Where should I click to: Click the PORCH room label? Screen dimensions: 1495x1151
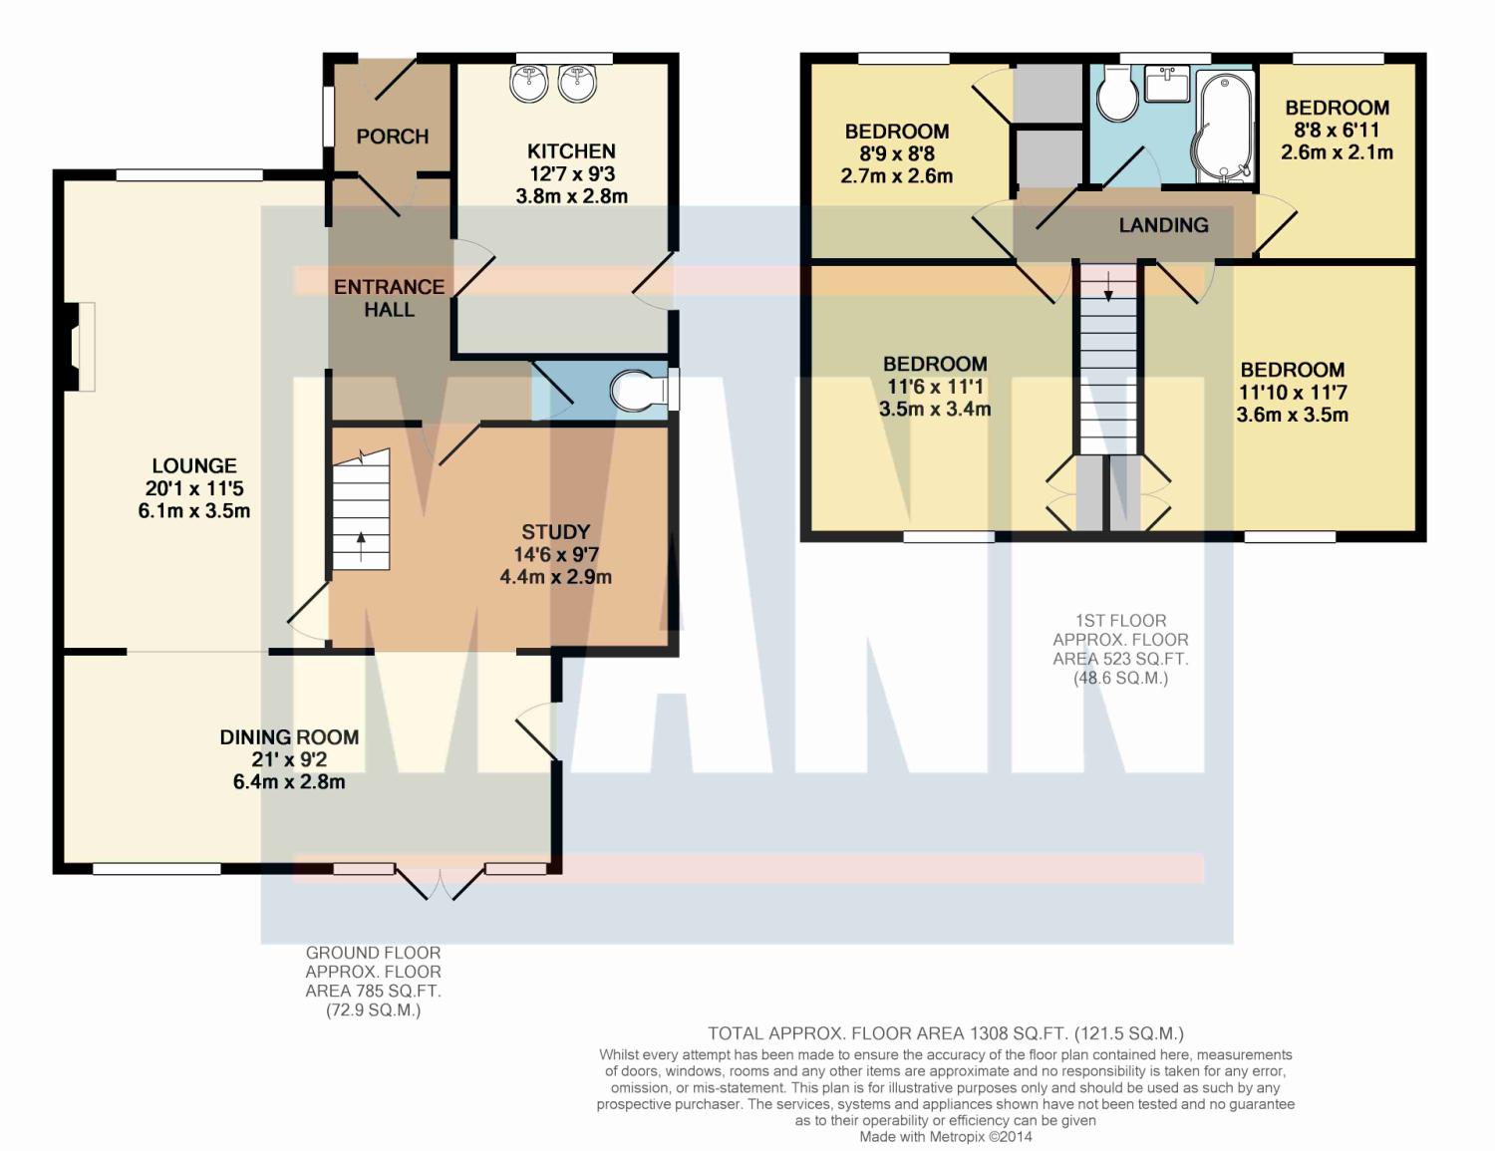[x=392, y=137]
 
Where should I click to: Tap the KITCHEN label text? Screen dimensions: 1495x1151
[x=571, y=151]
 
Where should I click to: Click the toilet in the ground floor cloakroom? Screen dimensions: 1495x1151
[x=638, y=392]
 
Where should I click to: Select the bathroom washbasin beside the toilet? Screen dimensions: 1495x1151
[x=1167, y=84]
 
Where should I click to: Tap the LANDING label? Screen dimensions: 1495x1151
[x=1163, y=225]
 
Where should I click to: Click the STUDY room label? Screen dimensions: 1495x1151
[x=555, y=531]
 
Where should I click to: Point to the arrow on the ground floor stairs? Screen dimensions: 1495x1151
[x=361, y=547]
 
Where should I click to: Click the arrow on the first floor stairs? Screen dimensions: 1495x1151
[x=1108, y=287]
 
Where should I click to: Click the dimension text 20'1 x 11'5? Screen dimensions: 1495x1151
[x=194, y=488]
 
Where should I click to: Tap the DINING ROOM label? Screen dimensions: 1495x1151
[x=289, y=737]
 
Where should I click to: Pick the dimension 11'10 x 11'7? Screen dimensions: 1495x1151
[x=1292, y=393]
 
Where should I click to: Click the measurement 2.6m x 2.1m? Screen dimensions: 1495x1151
[x=1337, y=151]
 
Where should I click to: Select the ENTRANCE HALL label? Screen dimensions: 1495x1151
[x=390, y=298]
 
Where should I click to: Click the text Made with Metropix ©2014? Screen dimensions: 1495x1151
[x=946, y=1137]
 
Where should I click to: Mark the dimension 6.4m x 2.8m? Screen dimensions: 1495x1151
[x=289, y=781]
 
